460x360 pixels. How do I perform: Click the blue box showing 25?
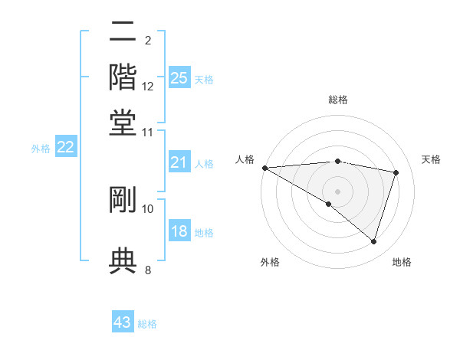click(179, 77)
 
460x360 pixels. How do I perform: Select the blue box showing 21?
click(179, 162)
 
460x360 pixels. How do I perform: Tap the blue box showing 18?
click(179, 232)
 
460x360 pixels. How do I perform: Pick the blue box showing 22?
click(65, 148)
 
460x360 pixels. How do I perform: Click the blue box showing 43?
click(123, 322)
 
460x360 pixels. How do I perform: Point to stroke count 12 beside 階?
click(148, 87)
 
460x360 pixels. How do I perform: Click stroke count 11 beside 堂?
click(148, 133)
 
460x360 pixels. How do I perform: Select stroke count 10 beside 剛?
click(148, 208)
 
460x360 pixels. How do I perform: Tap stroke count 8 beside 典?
click(148, 270)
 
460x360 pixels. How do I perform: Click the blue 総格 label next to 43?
click(148, 324)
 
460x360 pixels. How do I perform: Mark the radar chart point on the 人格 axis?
click(264, 168)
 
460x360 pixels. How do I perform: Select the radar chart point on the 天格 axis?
click(396, 172)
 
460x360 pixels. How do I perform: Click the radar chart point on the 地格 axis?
click(373, 242)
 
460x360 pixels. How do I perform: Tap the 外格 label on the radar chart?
click(270, 262)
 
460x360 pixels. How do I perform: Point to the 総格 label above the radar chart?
click(337, 100)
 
